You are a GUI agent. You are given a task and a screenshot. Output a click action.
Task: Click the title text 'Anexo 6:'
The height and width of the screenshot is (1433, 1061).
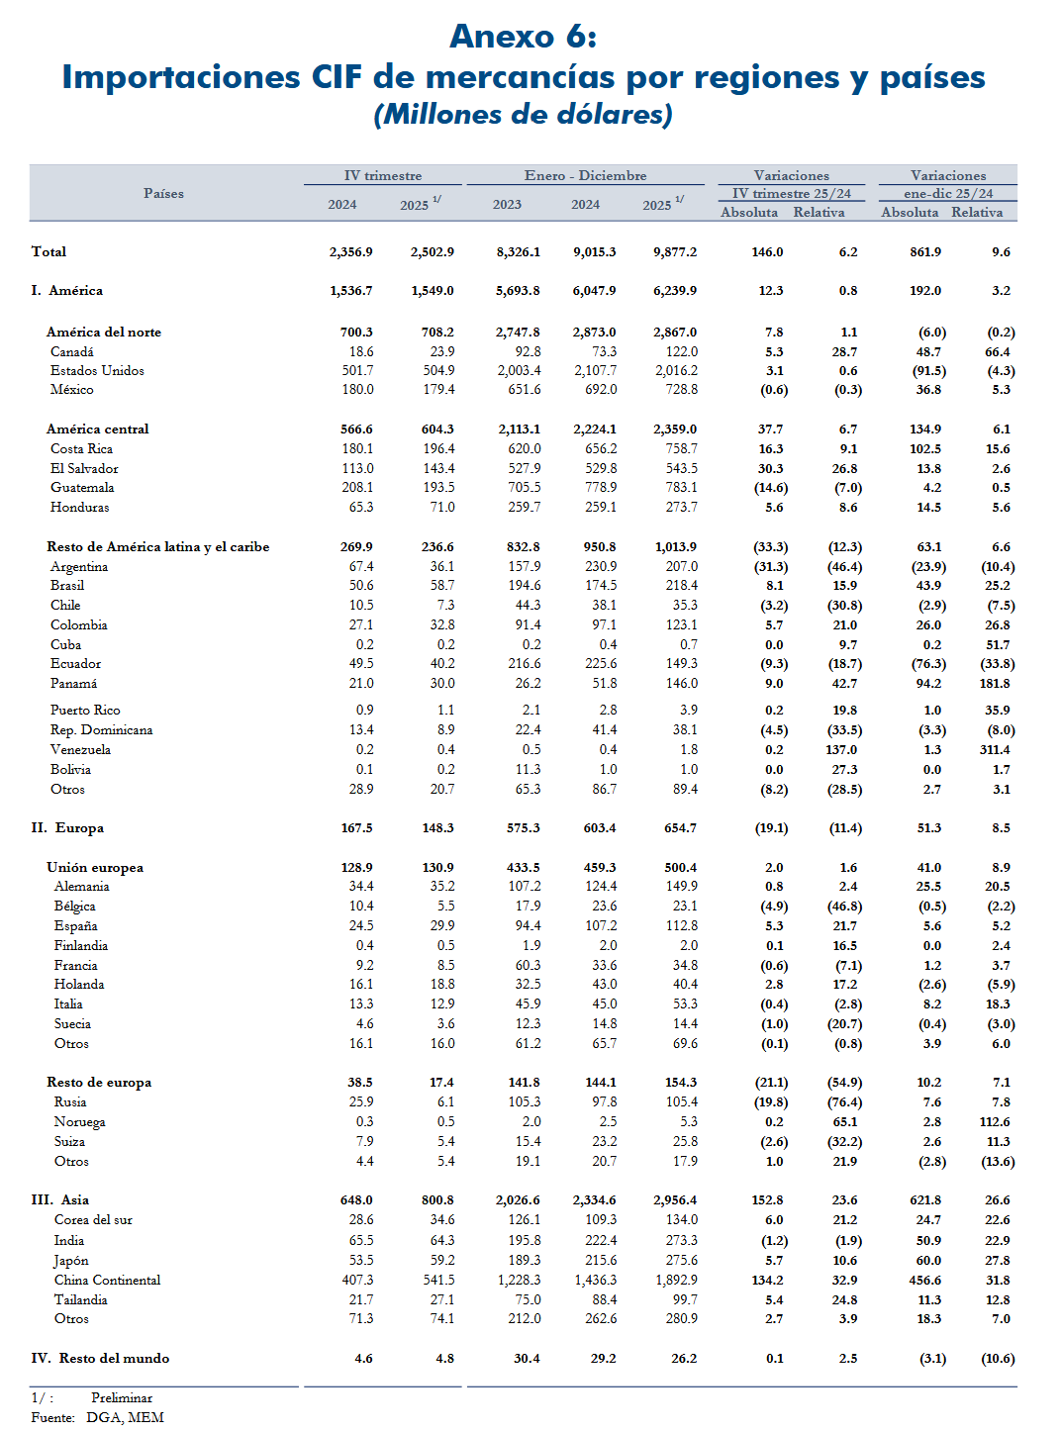[x=523, y=37]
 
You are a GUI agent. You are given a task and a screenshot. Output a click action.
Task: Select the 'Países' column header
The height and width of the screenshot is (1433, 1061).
[x=163, y=193]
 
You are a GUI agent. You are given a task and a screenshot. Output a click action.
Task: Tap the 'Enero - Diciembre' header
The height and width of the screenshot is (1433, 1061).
[x=585, y=175]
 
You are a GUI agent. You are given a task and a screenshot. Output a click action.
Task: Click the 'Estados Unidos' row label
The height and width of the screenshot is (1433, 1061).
[x=97, y=370]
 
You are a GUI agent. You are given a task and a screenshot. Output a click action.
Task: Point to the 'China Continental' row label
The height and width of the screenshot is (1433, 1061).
[x=107, y=1280]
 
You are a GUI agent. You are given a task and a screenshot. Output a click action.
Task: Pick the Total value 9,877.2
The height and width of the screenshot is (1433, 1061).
[x=675, y=252]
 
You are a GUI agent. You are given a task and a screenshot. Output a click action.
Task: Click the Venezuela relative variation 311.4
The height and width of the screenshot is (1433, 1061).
[x=995, y=750]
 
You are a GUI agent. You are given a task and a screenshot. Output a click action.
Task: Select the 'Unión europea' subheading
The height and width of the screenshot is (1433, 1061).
[x=95, y=867]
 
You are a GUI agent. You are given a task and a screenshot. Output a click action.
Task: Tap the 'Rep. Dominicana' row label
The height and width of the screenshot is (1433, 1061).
[x=101, y=730]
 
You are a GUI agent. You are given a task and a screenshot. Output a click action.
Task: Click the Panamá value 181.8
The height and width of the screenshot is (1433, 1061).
[x=995, y=684]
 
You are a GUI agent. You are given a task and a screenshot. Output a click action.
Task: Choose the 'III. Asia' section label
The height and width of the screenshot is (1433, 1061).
[x=60, y=1199]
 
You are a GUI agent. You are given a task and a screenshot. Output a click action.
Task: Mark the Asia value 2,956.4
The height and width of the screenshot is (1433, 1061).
[x=675, y=1199]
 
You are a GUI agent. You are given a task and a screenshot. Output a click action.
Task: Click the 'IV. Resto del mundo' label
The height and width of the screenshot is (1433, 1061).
[x=100, y=1358]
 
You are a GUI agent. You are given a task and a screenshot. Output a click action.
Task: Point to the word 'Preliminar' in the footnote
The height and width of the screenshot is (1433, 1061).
[x=122, y=1397]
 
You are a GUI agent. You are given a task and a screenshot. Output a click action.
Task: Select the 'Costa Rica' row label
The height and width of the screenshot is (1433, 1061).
[x=81, y=448]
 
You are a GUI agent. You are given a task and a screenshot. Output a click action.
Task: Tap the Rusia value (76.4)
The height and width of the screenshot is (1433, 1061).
[x=844, y=1102]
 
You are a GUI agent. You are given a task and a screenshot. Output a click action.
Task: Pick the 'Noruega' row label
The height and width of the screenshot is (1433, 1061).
[x=79, y=1122]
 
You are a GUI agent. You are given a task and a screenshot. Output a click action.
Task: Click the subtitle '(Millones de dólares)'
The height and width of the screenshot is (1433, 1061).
[x=523, y=115]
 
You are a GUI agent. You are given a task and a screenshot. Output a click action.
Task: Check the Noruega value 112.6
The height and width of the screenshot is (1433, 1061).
[x=995, y=1122]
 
